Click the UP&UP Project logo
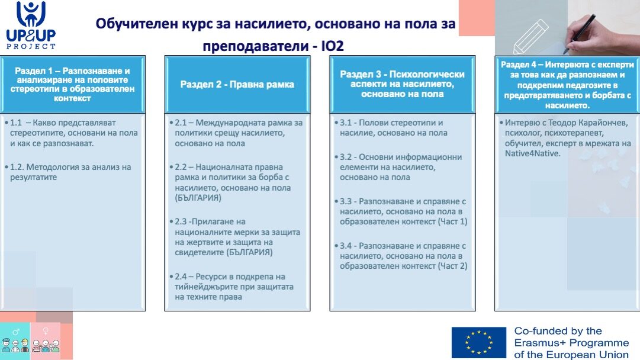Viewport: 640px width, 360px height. point(31,25)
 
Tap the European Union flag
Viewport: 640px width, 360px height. point(479,342)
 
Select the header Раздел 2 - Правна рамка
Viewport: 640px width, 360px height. point(237,85)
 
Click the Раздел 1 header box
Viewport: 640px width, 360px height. point(73,85)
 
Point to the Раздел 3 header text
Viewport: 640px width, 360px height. point(402,84)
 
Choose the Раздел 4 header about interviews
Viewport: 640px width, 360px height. point(567,85)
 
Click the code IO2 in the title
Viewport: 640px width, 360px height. point(332,46)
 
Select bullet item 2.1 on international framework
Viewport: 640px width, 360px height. point(236,133)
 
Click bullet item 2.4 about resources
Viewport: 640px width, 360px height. point(232,287)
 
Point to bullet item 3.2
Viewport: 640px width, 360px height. point(398,167)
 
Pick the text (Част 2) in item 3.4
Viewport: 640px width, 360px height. point(452,266)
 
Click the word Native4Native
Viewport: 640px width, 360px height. point(532,153)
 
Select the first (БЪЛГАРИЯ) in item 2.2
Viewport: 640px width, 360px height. point(198,198)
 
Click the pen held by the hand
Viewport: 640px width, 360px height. point(580,33)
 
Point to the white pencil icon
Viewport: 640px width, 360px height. point(531,37)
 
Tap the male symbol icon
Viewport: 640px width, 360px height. point(16,332)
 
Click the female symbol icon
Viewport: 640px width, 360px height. point(46,331)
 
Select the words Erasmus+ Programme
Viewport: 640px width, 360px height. point(571,343)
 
